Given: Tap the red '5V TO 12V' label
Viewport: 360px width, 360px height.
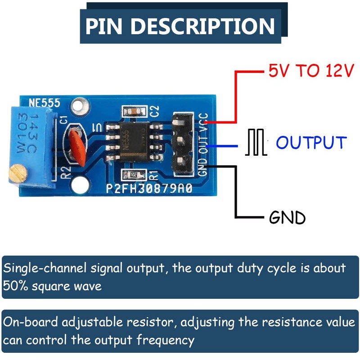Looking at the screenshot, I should coord(311,71).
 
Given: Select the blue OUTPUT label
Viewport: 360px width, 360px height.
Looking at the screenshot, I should coord(311,143).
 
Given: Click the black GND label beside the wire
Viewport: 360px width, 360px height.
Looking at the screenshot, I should coord(287,218).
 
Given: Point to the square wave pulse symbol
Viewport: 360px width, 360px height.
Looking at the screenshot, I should coord(255,143).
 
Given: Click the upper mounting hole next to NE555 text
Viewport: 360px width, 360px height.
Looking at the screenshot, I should coord(81,107).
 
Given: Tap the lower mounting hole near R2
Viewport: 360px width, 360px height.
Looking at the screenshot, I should coord(82,184).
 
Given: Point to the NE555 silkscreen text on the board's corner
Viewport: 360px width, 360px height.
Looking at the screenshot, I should coord(45,103).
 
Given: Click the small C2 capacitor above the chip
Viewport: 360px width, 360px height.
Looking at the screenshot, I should coord(135,111).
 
